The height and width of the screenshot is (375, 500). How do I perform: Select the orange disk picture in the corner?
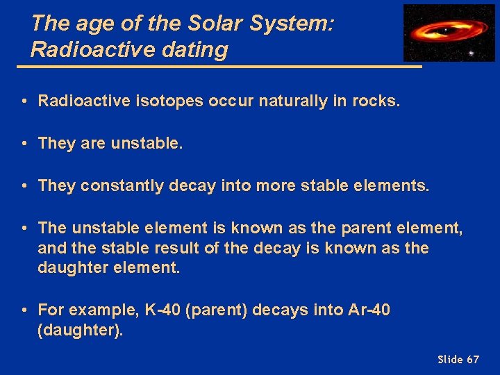[448, 33]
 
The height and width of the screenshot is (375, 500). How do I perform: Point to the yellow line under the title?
[219, 67]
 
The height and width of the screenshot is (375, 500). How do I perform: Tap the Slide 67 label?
[458, 359]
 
